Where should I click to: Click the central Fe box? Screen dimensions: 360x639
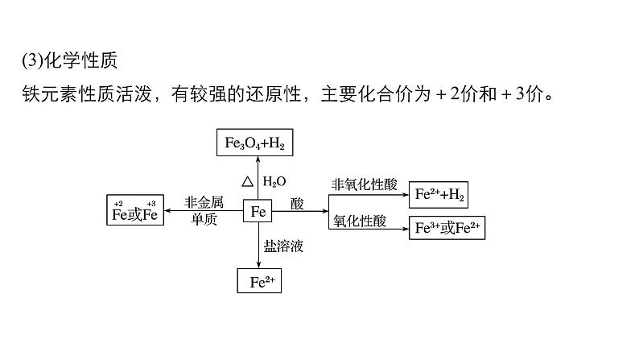pyautogui.click(x=258, y=212)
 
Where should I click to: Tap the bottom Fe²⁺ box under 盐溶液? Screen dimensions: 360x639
pyautogui.click(x=258, y=281)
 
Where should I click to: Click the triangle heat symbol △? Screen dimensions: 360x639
pyautogui.click(x=248, y=181)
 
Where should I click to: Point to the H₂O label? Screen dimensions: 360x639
pyautogui.click(x=274, y=181)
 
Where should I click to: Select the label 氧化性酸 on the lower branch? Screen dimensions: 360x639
pyautogui.click(x=360, y=220)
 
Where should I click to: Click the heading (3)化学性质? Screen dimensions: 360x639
pyautogui.click(x=72, y=61)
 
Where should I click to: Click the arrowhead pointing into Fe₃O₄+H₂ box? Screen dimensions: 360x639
pyautogui.click(x=258, y=159)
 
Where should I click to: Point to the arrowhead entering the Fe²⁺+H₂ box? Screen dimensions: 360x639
pyautogui.click(x=405, y=195)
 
